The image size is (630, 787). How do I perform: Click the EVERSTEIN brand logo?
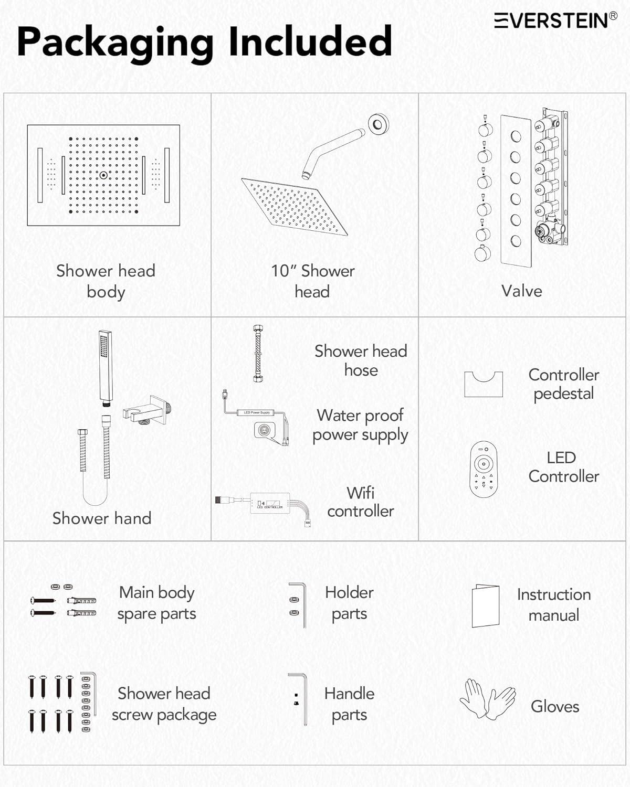pos(555,20)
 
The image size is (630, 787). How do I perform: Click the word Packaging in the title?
pos(115,42)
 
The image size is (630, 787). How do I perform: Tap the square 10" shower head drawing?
pos(294,206)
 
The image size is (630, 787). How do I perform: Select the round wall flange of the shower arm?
pos(378,124)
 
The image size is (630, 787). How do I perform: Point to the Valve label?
pos(521,291)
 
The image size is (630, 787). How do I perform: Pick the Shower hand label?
pos(102,518)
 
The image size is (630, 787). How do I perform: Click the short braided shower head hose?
pos(258,353)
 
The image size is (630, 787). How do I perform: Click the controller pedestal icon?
pos(484,384)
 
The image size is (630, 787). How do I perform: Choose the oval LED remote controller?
pos(483,469)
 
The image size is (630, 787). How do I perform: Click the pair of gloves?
pos(488,699)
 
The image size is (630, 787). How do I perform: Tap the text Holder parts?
pos(349,603)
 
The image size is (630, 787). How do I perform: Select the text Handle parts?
pos(349,704)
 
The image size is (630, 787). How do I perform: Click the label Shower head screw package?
pos(164,704)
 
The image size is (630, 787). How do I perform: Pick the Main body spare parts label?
pos(156,603)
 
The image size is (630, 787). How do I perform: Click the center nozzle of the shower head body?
pos(103,175)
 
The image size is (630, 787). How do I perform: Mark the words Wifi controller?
pos(361,502)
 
